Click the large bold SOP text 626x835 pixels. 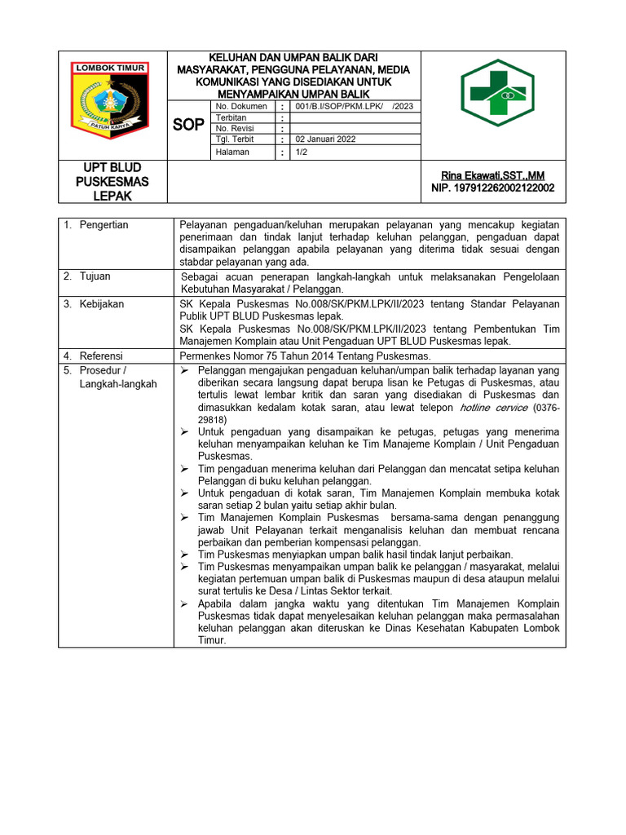click(x=189, y=125)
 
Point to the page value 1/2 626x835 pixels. click(x=301, y=152)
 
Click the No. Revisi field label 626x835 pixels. click(x=234, y=129)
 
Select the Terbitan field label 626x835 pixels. click(x=231, y=117)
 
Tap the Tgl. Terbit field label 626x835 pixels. click(x=235, y=139)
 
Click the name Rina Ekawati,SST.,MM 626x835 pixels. click(x=492, y=175)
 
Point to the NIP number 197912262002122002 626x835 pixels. click(x=492, y=188)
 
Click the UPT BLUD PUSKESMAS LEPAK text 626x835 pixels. click(x=112, y=181)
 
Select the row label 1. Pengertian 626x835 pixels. click(x=96, y=225)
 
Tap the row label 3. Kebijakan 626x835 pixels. click(x=94, y=304)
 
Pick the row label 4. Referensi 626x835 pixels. click(x=93, y=356)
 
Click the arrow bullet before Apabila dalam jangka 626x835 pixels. click(x=184, y=604)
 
